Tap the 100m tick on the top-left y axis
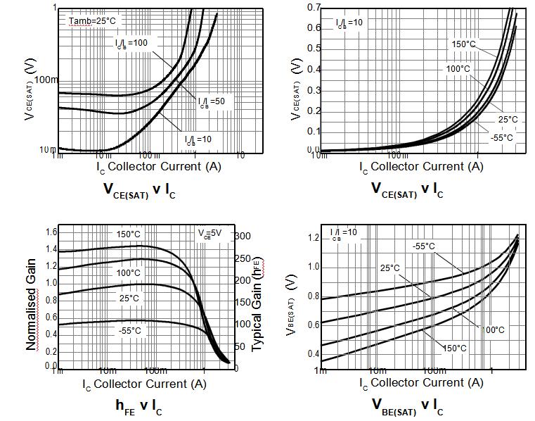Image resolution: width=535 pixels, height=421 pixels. [x=45, y=79]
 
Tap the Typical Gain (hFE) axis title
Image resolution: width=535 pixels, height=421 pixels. [x=257, y=304]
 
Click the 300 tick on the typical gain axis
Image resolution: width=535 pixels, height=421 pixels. [x=242, y=236]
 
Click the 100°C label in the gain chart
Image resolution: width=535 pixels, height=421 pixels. [x=128, y=272]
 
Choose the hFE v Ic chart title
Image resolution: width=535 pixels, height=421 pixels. [x=138, y=406]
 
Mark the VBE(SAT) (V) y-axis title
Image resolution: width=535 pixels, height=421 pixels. [x=291, y=301]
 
